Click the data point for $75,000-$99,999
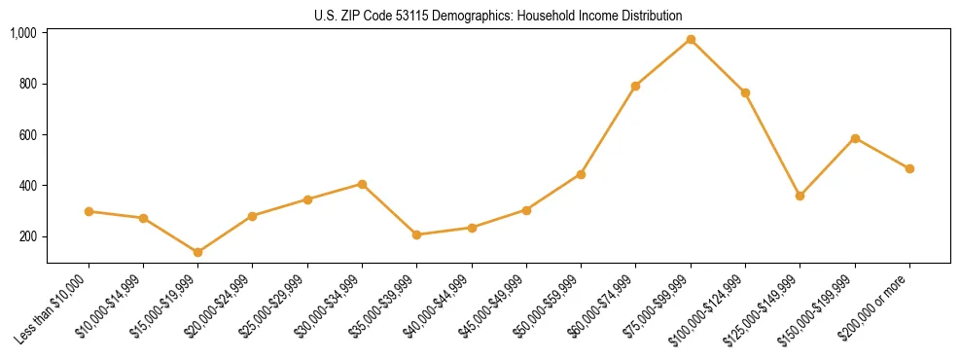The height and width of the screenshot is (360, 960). coord(691,40)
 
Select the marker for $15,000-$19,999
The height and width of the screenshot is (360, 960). coord(198,252)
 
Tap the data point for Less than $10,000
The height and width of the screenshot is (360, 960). coord(89,211)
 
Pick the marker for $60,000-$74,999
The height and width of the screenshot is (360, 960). coord(635,87)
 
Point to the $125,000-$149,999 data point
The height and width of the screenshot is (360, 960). coord(800,196)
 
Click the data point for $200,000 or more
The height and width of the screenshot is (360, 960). coord(909,168)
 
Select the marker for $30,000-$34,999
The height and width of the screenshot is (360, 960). coord(362,184)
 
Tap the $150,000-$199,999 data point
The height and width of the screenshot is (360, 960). coord(855,138)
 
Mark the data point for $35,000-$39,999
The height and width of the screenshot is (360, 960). coord(417,234)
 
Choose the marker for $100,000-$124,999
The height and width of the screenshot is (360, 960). coord(745,92)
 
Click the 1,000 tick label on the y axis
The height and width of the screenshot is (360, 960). coord(23,33)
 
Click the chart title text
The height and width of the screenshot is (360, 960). coord(498,16)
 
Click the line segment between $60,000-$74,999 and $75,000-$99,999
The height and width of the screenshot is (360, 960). coord(663,63)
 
